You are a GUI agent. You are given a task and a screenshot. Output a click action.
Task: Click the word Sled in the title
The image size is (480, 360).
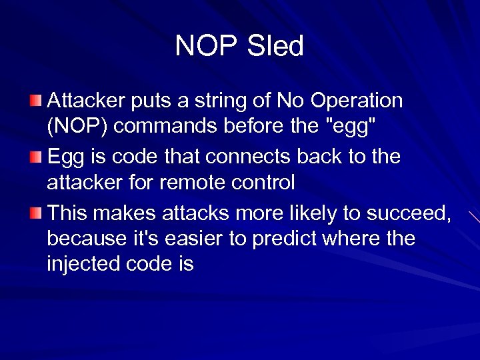275,47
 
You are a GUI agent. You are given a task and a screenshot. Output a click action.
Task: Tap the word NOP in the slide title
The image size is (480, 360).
207,47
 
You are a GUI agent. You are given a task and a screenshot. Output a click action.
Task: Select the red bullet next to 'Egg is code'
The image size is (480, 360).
37,157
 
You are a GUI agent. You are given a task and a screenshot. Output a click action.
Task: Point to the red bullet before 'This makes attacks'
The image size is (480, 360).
37,213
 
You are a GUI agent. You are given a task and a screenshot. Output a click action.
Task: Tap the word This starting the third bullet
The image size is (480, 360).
68,213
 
